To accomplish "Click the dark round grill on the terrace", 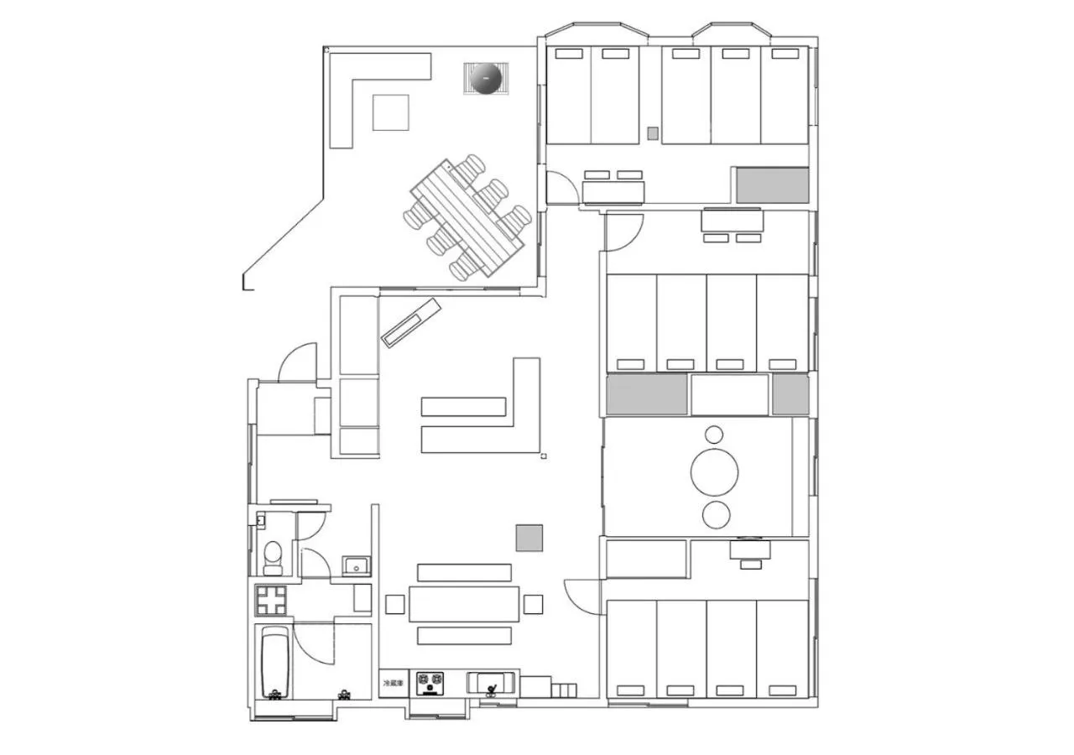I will (x=486, y=79).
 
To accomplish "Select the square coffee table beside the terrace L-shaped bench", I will (x=390, y=112).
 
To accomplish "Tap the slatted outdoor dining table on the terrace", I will (x=467, y=217).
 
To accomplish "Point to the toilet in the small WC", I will (x=273, y=555).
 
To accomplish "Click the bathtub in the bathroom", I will (x=274, y=662).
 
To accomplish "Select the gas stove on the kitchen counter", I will (x=430, y=683).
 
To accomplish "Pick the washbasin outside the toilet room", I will (x=357, y=565).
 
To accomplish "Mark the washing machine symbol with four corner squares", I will (x=271, y=600).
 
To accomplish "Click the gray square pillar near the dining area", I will (x=529, y=538).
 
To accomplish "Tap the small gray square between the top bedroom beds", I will (x=653, y=133).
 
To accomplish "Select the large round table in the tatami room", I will (x=714, y=471).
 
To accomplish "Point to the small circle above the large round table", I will (x=714, y=435).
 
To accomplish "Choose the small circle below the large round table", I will (x=716, y=514).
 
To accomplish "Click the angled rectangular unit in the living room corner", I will (x=411, y=322).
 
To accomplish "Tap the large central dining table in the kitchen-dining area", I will (x=464, y=604).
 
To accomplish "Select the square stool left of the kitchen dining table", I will (x=394, y=604).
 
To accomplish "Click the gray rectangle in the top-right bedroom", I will (x=772, y=185).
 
